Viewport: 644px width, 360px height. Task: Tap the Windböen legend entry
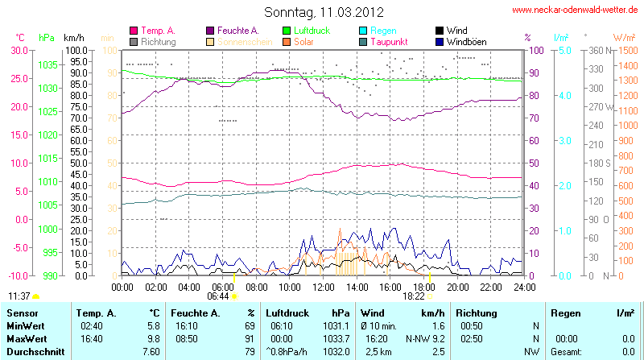pos(465,41)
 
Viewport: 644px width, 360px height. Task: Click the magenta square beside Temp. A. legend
pos(134,31)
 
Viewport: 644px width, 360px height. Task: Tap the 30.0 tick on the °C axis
pos(17,50)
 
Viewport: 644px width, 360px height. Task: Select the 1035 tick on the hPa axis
pos(47,64)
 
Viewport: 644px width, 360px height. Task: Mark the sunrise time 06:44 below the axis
pos(217,296)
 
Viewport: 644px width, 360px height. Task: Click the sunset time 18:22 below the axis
pos(415,296)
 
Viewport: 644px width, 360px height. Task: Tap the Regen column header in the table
pos(563,312)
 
